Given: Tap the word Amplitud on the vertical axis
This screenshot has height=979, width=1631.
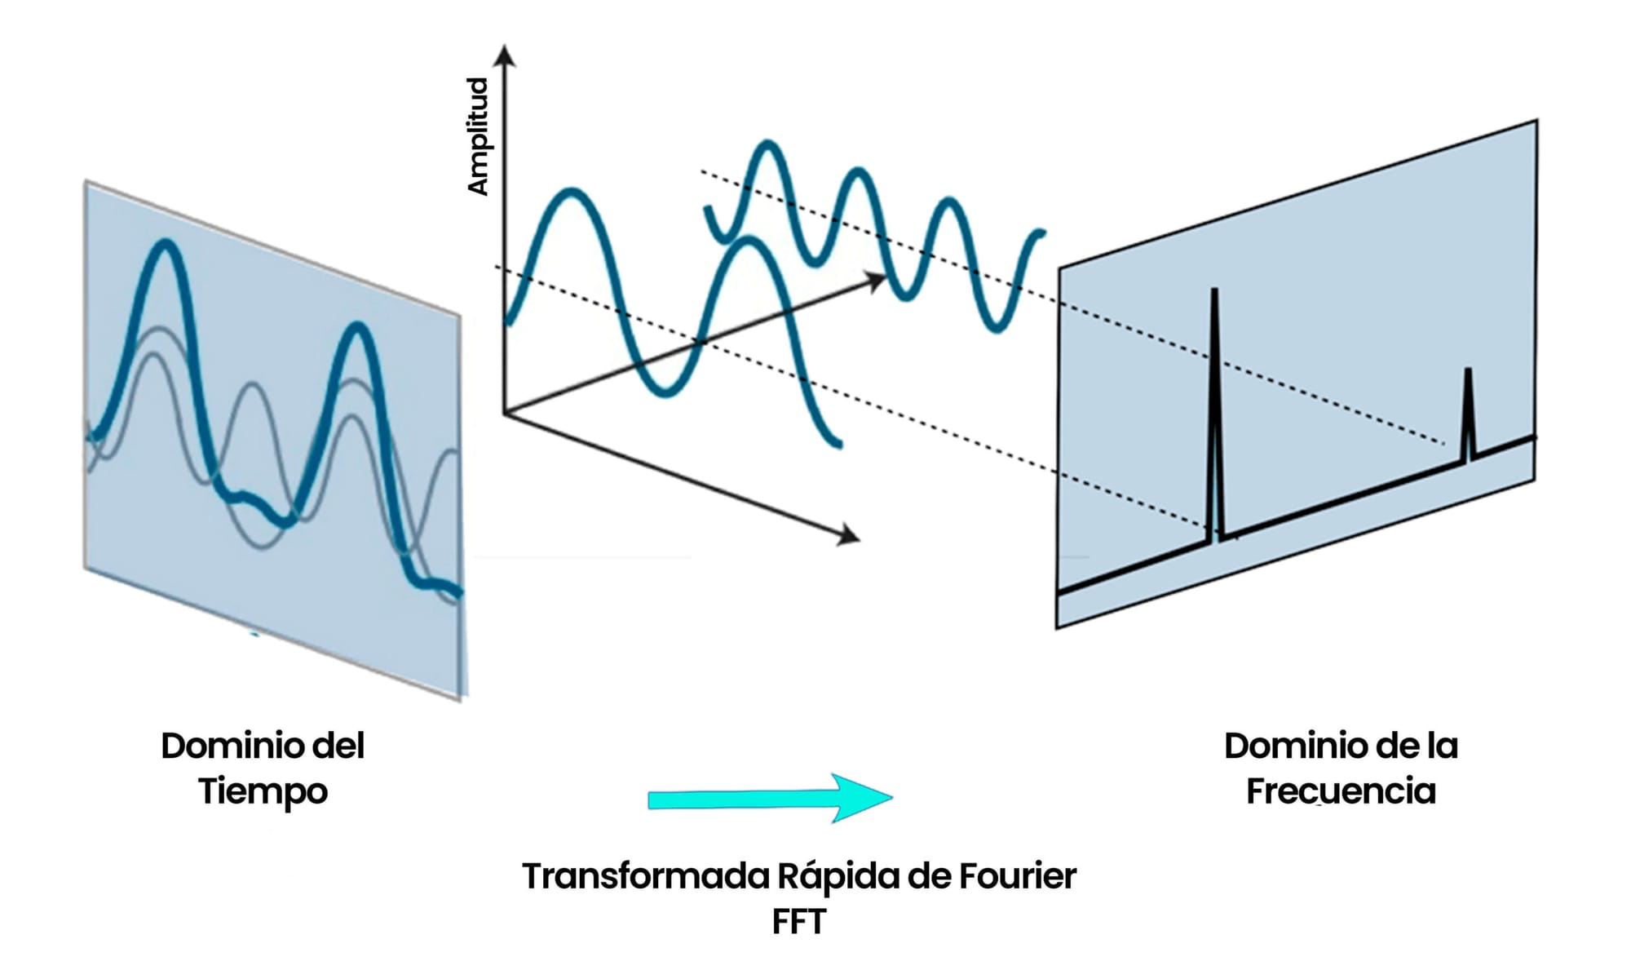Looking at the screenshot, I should (x=478, y=136).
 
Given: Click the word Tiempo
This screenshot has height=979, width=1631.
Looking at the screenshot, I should (x=263, y=791).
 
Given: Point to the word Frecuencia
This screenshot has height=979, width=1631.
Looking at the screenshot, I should (x=1341, y=791).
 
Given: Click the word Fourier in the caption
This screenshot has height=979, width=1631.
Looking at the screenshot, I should (x=1017, y=876).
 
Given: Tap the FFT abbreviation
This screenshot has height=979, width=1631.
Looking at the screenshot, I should (x=798, y=922).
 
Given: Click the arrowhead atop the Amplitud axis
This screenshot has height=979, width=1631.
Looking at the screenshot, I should (x=506, y=55).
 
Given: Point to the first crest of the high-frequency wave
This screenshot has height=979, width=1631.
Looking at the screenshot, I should (x=767, y=145).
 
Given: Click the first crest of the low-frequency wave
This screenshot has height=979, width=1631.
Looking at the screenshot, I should (x=572, y=193).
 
